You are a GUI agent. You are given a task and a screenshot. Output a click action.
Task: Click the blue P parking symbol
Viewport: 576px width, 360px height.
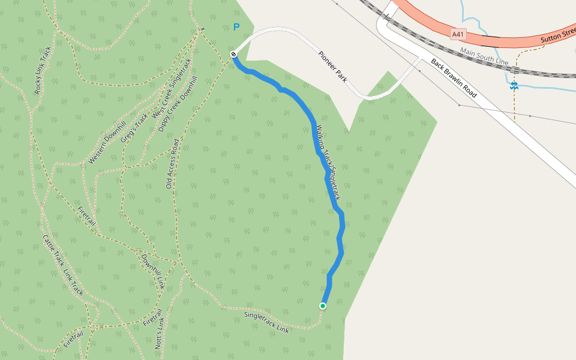coord(236,28)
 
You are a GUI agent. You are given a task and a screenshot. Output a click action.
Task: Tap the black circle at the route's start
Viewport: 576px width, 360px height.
coord(233,55)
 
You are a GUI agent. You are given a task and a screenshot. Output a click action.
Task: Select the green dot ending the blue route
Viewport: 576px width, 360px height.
coord(323,306)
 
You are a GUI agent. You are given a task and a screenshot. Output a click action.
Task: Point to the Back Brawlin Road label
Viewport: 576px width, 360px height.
coord(454,78)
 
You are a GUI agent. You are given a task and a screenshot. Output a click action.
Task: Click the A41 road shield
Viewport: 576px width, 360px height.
coord(459,34)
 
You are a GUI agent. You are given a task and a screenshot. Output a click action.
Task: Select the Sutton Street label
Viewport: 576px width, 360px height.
coord(558,35)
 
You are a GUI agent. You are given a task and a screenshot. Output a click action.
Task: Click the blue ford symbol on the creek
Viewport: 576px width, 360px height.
coord(514,86)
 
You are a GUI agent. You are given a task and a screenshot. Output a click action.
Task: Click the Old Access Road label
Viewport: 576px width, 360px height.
coord(172,164)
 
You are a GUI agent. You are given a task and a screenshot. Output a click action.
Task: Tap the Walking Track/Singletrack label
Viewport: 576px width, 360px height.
coord(328,162)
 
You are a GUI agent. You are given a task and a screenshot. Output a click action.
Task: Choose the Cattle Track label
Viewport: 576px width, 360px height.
coord(53,250)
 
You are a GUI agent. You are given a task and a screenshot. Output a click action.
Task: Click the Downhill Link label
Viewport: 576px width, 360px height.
coord(152,271)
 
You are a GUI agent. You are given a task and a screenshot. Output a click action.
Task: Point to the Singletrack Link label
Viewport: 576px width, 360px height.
coord(266,323)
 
